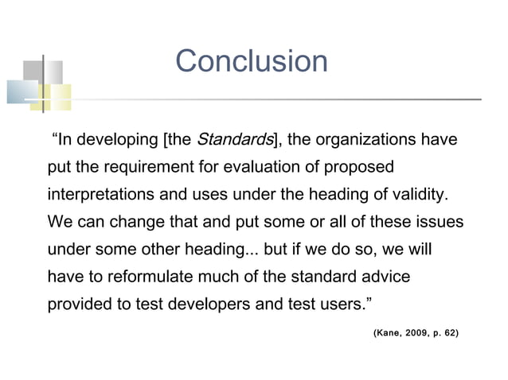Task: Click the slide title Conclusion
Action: [x=251, y=61]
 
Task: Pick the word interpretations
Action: [x=98, y=195]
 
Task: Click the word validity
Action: [x=421, y=195]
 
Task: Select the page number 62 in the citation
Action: [x=449, y=330]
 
